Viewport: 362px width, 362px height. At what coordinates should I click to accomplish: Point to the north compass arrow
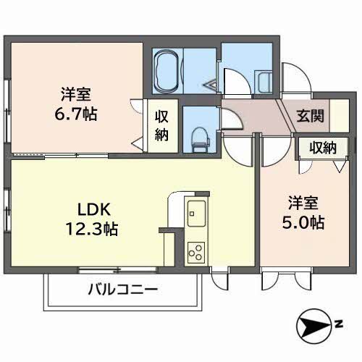point(316,327)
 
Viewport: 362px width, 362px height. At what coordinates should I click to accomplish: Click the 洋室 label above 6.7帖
point(75,94)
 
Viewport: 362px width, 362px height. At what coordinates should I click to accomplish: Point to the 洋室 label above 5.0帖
point(302,203)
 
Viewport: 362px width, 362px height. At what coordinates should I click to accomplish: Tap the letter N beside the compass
point(338,324)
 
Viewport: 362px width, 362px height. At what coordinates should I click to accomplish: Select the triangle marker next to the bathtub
point(211,84)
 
